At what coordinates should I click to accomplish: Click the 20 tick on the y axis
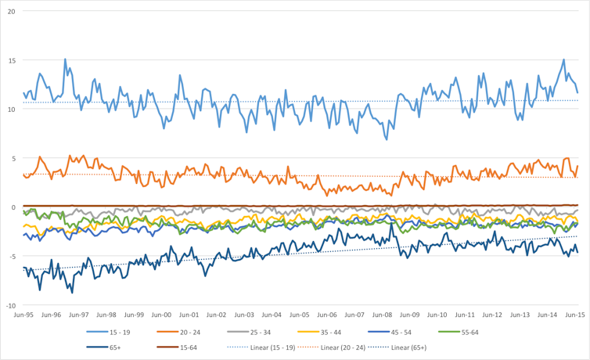pos(12,11)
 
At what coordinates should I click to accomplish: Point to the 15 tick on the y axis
pos(12,60)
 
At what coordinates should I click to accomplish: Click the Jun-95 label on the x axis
pos(23,315)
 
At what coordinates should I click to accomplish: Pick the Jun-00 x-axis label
pos(161,315)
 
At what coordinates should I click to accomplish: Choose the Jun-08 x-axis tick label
pos(382,315)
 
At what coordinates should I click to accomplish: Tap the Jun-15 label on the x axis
pos(575,315)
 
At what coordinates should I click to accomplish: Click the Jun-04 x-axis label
pos(272,315)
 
